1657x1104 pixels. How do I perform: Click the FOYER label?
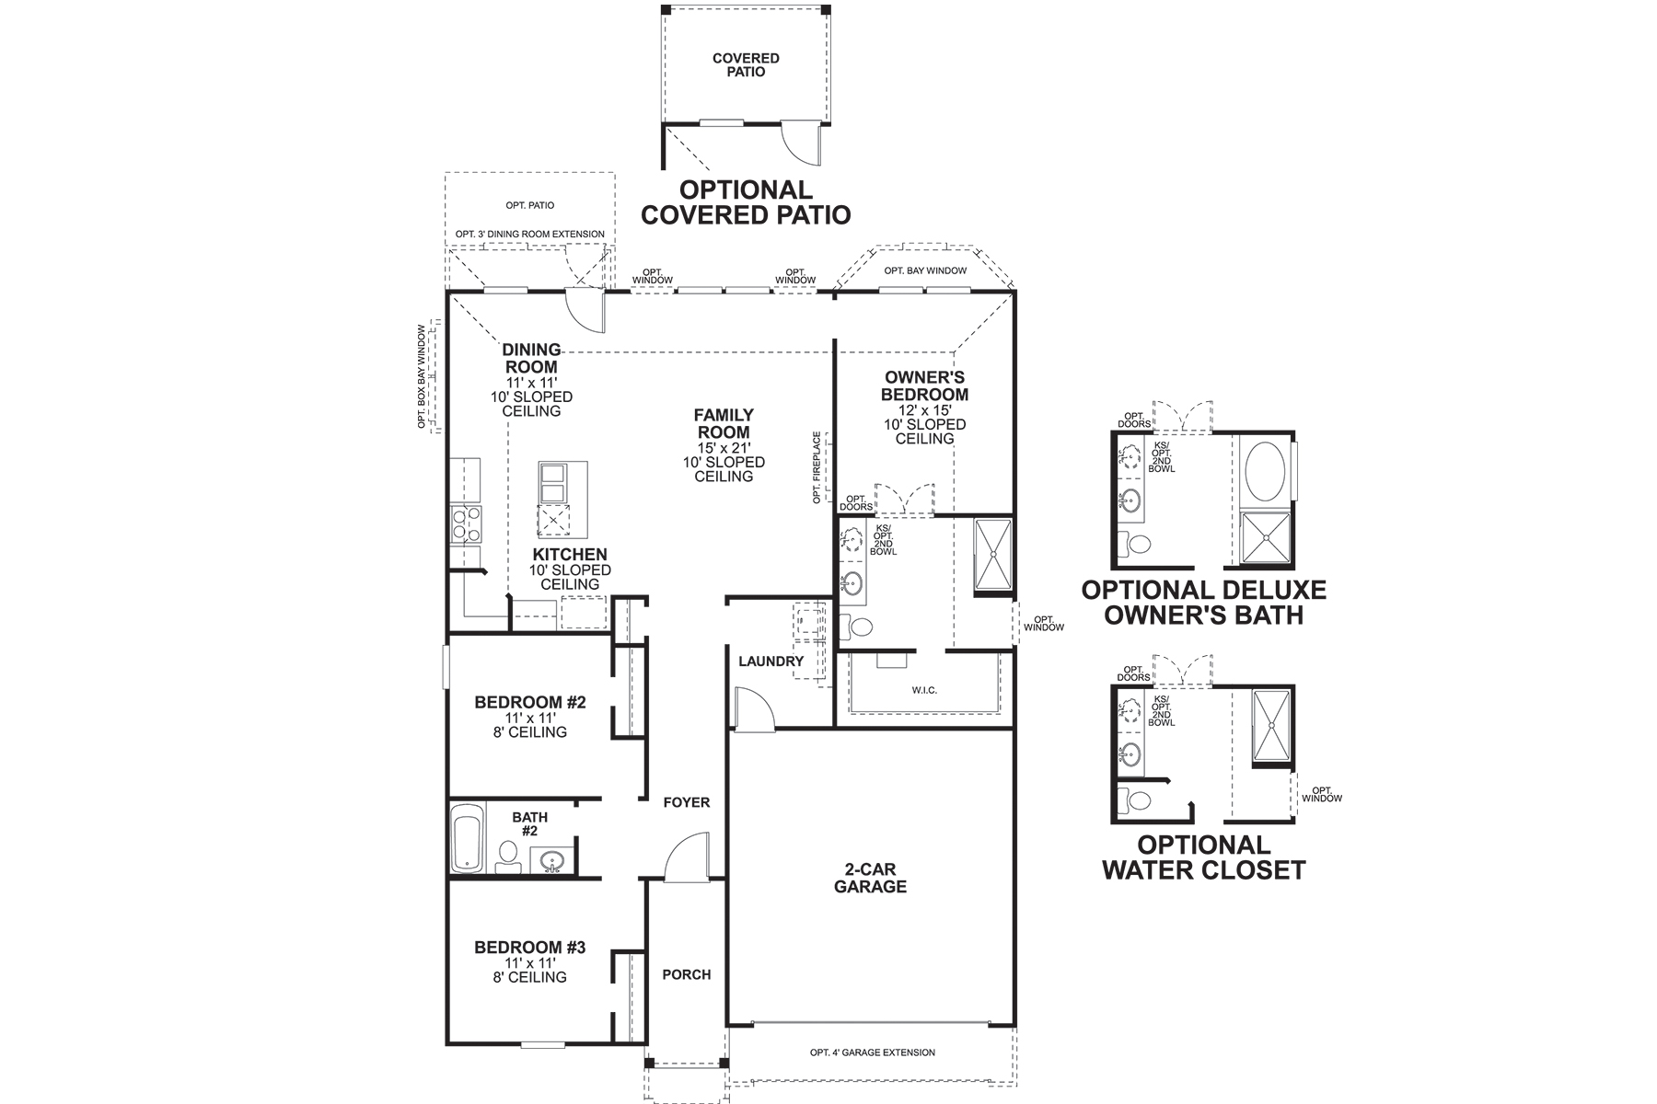coord(687,802)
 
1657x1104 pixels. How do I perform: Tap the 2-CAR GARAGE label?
coord(870,880)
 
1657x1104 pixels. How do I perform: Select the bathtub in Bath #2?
coord(467,838)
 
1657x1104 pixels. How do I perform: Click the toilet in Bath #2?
coord(507,855)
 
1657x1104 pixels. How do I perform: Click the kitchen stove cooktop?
coord(465,523)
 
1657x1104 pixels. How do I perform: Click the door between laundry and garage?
coord(751,709)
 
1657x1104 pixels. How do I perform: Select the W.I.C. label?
coord(924,690)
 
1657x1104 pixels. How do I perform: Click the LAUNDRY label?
coord(771,661)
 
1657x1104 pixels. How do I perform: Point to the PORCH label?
coord(687,974)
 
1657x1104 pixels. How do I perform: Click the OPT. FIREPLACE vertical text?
coord(817,467)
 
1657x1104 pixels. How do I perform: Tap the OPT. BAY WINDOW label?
coord(925,270)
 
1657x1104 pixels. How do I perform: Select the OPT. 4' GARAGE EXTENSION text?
coord(872,1052)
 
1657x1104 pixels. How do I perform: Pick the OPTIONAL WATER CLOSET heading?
coord(1203,857)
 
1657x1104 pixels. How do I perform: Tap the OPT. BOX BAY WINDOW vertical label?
coord(423,376)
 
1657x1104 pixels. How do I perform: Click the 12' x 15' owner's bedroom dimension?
coord(924,410)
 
